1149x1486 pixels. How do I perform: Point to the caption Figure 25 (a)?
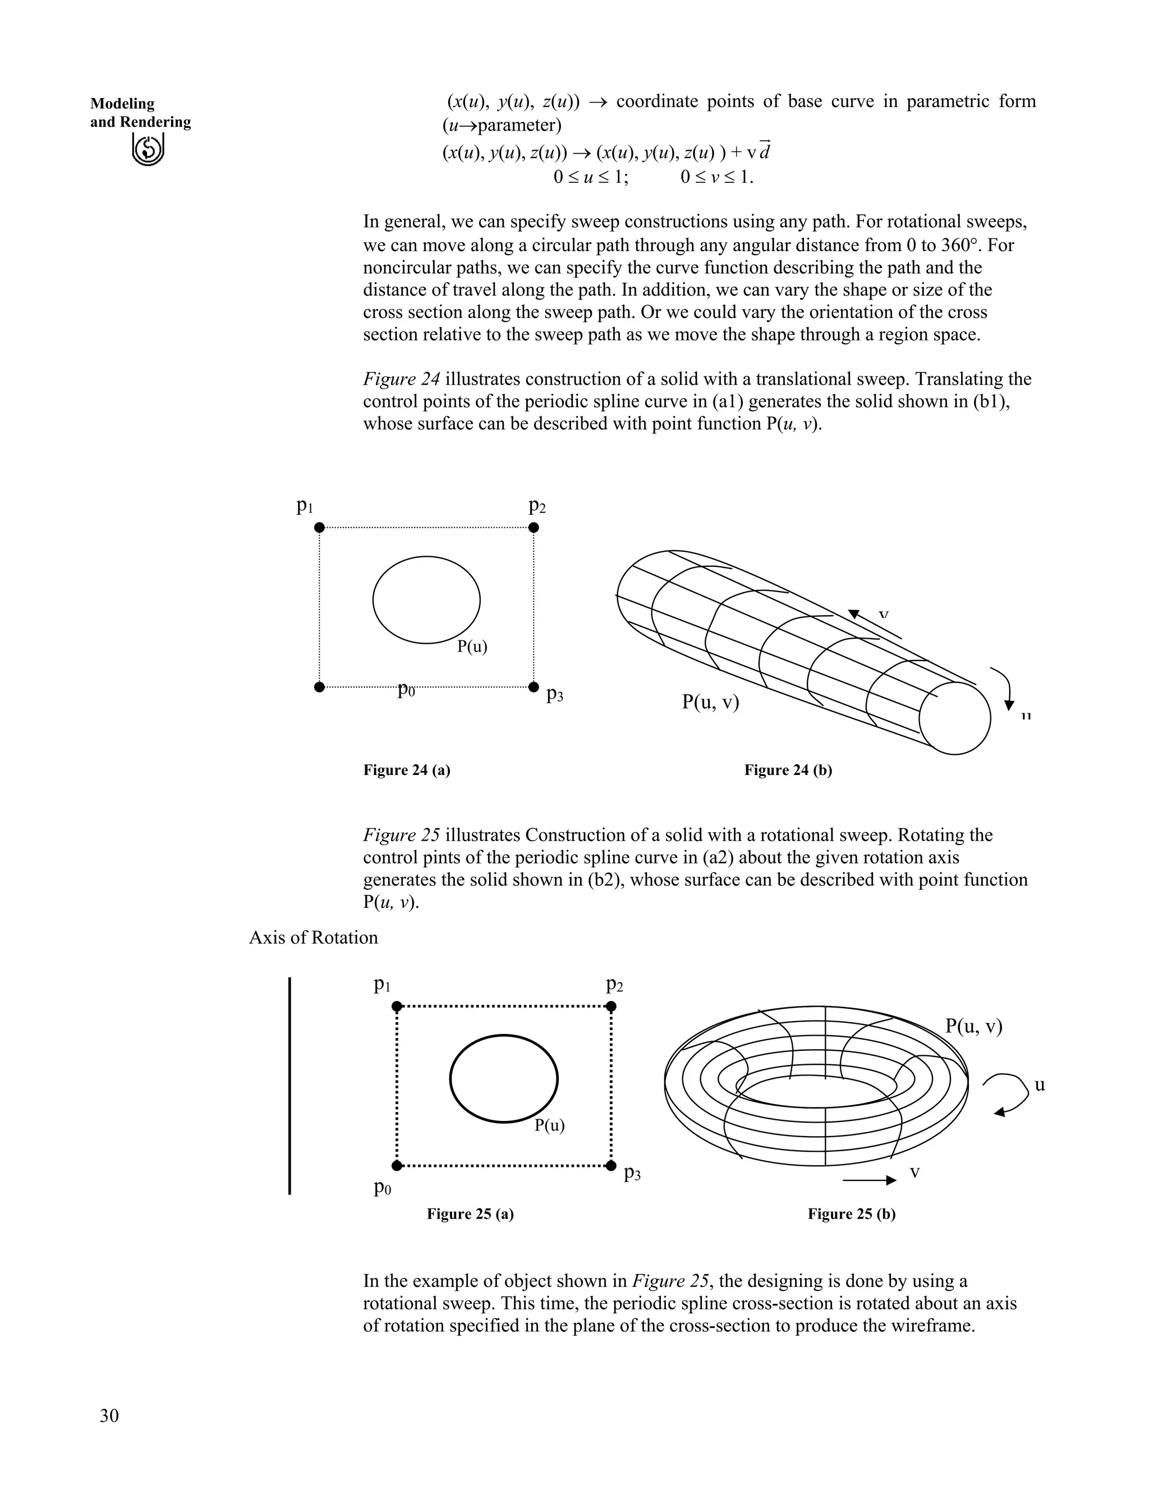point(470,1214)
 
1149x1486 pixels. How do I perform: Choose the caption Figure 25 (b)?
point(851,1214)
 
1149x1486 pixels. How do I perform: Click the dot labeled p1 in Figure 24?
point(319,527)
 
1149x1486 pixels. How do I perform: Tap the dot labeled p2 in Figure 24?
point(534,527)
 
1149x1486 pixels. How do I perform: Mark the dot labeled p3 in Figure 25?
point(612,1166)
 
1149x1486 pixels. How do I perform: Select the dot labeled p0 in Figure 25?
point(398,1166)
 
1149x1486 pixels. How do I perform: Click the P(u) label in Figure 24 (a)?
point(472,647)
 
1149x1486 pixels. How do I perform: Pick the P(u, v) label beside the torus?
point(973,1026)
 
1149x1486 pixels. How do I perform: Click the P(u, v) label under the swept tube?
point(710,702)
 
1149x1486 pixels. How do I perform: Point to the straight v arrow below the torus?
point(868,1181)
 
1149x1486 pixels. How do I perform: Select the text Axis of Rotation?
point(313,938)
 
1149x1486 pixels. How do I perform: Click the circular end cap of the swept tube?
point(954,718)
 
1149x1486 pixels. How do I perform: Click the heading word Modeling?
point(122,104)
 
